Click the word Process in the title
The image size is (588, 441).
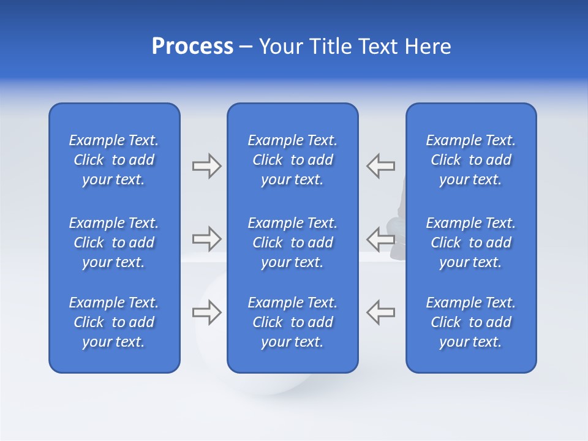pyautogui.click(x=192, y=47)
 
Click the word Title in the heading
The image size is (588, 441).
pyautogui.click(x=329, y=47)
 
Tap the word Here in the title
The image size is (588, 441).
pyautogui.click(x=428, y=47)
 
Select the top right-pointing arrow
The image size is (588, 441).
pyautogui.click(x=206, y=166)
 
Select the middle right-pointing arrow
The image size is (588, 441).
pyautogui.click(x=206, y=238)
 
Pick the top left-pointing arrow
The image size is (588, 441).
pyautogui.click(x=380, y=166)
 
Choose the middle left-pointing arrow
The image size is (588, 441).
pyautogui.click(x=380, y=238)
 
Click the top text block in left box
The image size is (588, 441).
pyautogui.click(x=114, y=160)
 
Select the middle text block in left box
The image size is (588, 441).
pyautogui.click(x=114, y=243)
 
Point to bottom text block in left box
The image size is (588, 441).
pyautogui.click(x=114, y=322)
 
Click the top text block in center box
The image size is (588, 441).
pyautogui.click(x=292, y=160)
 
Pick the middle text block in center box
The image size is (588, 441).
pyautogui.click(x=292, y=243)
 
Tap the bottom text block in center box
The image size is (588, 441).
pyautogui.click(x=292, y=322)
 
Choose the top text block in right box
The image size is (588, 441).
pyautogui.click(x=470, y=160)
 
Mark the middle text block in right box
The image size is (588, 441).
pyautogui.click(x=470, y=243)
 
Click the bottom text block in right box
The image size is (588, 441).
pyautogui.click(x=470, y=322)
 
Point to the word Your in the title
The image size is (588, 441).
pyautogui.click(x=281, y=47)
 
